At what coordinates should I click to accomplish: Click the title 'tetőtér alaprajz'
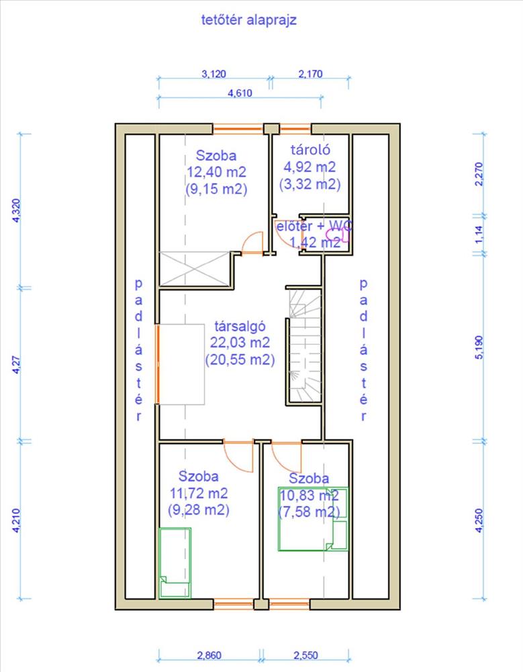pos(248,20)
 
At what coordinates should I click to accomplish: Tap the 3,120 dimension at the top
pos(213,74)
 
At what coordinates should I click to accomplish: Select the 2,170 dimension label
pos(310,74)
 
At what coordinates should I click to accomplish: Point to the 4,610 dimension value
pos(240,93)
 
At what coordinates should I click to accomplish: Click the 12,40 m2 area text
pos(216,172)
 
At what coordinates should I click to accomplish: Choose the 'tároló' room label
pos(310,150)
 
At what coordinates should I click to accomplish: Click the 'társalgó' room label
pos(240,326)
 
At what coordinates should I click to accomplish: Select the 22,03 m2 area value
pos(240,343)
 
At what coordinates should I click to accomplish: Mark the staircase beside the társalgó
pos(305,345)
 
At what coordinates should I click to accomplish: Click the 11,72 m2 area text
pos(198,493)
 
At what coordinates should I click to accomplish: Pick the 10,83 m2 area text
pos(309,495)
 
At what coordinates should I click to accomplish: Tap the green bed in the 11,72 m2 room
pos(175,562)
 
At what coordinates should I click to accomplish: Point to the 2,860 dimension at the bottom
pos(209,655)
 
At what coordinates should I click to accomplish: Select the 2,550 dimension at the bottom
pos(306,655)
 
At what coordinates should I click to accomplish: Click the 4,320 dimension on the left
pos(16,210)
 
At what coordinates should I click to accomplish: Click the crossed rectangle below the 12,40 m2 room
pos(195,269)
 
